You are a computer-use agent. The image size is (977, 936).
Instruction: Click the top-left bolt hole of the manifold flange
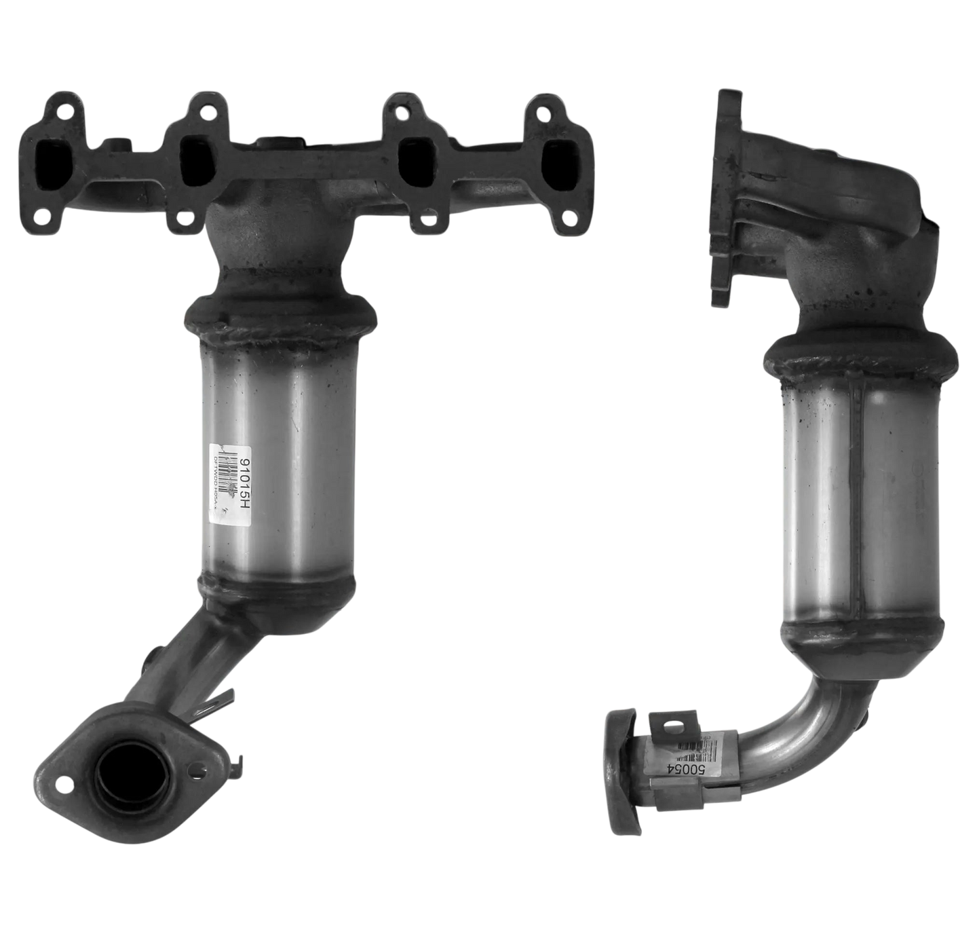click(x=60, y=110)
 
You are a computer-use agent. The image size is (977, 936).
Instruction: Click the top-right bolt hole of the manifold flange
click(x=547, y=107)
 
